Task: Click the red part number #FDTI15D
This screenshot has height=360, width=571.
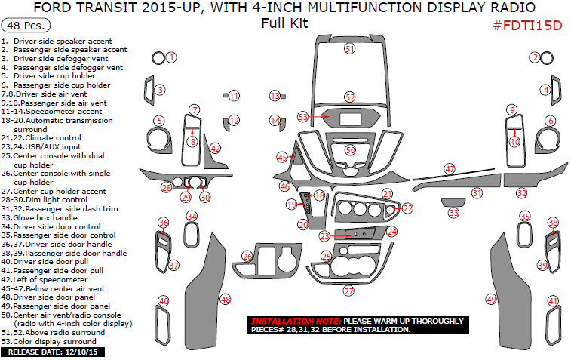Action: point(527,25)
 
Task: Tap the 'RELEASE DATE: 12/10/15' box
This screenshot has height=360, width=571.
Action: point(55,352)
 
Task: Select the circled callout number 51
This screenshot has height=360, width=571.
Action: point(349,48)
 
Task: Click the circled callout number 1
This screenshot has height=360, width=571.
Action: point(171,57)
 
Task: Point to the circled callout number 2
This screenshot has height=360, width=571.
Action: point(535,57)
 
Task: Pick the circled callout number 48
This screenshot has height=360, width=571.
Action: point(225,300)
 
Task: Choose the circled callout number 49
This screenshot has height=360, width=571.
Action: point(491,300)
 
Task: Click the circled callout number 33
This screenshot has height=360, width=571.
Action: point(453,214)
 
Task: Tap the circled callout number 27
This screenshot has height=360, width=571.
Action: point(348,291)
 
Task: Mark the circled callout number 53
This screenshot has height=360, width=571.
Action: point(303,117)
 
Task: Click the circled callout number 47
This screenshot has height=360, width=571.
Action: point(450,169)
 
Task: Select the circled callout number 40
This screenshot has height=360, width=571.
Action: point(163,302)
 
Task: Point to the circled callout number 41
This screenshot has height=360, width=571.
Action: point(553,302)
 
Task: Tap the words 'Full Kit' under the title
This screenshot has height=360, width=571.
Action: point(284,23)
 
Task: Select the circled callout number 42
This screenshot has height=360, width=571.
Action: point(216,149)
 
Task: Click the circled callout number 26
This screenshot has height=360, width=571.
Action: point(247,257)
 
